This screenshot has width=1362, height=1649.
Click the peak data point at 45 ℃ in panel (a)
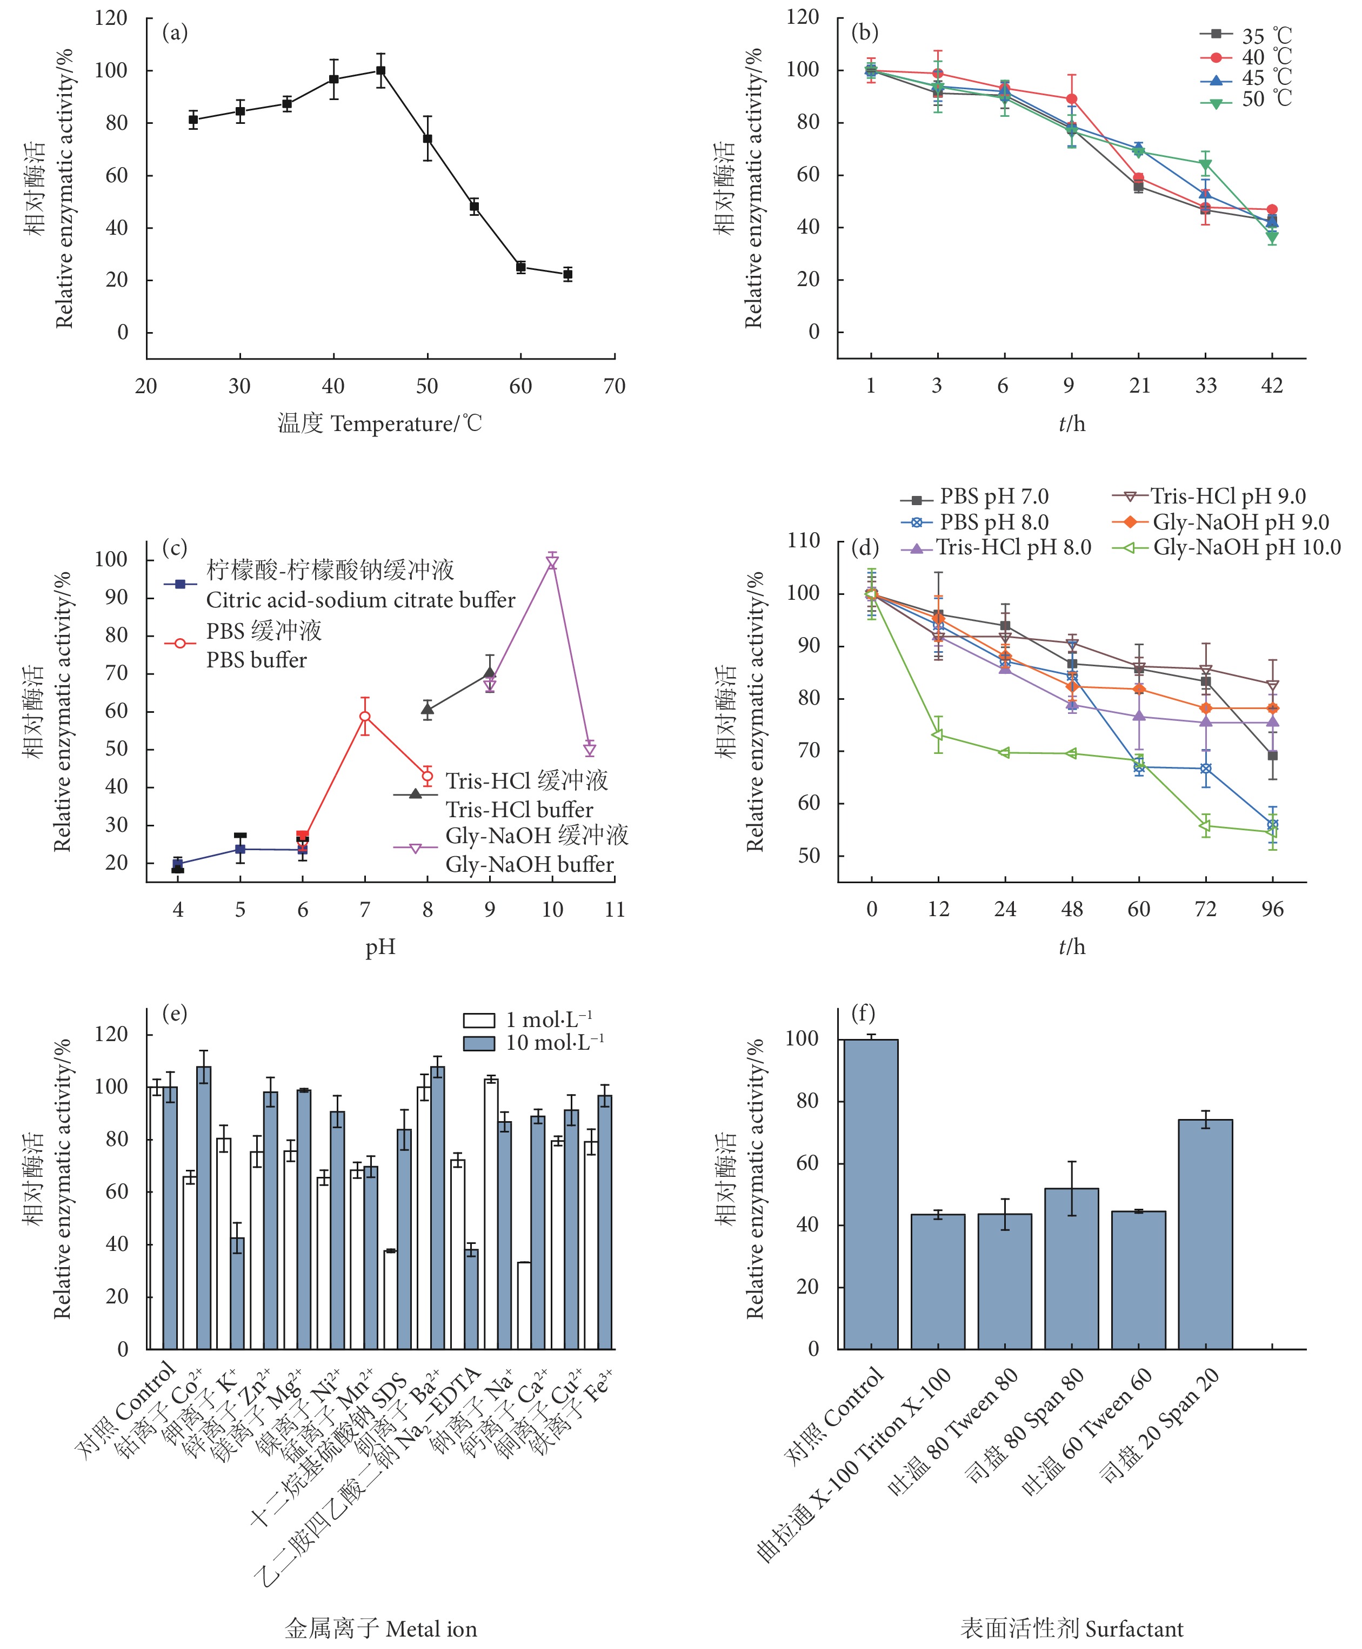(380, 71)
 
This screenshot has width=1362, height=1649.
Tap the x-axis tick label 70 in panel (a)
(615, 386)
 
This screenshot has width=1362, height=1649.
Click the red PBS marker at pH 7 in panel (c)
(365, 717)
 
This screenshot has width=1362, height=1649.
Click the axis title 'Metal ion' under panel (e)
(431, 1630)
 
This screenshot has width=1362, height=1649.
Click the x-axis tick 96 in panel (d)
(1272, 910)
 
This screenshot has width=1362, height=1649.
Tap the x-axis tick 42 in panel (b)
(1271, 386)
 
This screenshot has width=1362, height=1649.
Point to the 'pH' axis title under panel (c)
(380, 948)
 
